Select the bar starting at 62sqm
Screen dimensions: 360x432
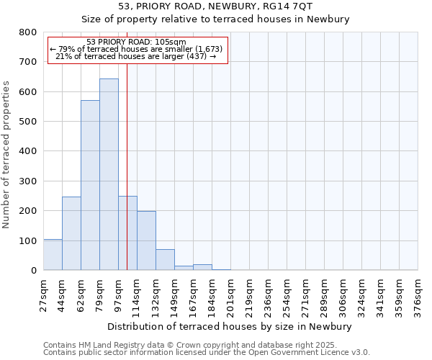90,185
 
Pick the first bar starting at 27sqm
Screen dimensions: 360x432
53,255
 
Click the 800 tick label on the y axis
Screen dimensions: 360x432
28,32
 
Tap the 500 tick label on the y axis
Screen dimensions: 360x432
28,122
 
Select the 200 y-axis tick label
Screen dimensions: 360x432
28,211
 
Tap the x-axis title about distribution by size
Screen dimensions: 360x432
230,326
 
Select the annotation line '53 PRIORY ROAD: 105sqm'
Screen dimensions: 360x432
136,42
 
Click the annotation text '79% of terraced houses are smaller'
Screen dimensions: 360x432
137,49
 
